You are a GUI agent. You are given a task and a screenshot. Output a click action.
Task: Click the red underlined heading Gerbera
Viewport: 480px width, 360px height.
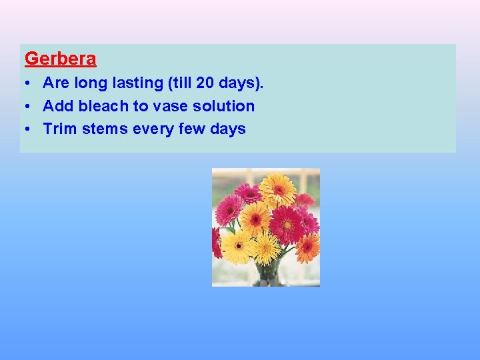pyautogui.click(x=60, y=59)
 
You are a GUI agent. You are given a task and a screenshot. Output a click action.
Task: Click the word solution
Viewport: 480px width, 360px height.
pyautogui.click(x=224, y=106)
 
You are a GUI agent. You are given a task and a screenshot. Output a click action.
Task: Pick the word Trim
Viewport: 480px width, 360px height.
pyautogui.click(x=60, y=129)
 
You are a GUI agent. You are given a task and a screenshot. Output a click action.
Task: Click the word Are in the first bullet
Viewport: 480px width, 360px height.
pyautogui.click(x=55, y=83)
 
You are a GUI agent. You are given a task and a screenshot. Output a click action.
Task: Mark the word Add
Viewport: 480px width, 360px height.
pyautogui.click(x=57, y=106)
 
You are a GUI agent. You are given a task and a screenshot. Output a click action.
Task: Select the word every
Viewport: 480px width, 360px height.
pyautogui.click(x=155, y=129)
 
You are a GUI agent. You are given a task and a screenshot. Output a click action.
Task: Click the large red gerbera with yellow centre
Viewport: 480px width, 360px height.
pyautogui.click(x=287, y=225)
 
